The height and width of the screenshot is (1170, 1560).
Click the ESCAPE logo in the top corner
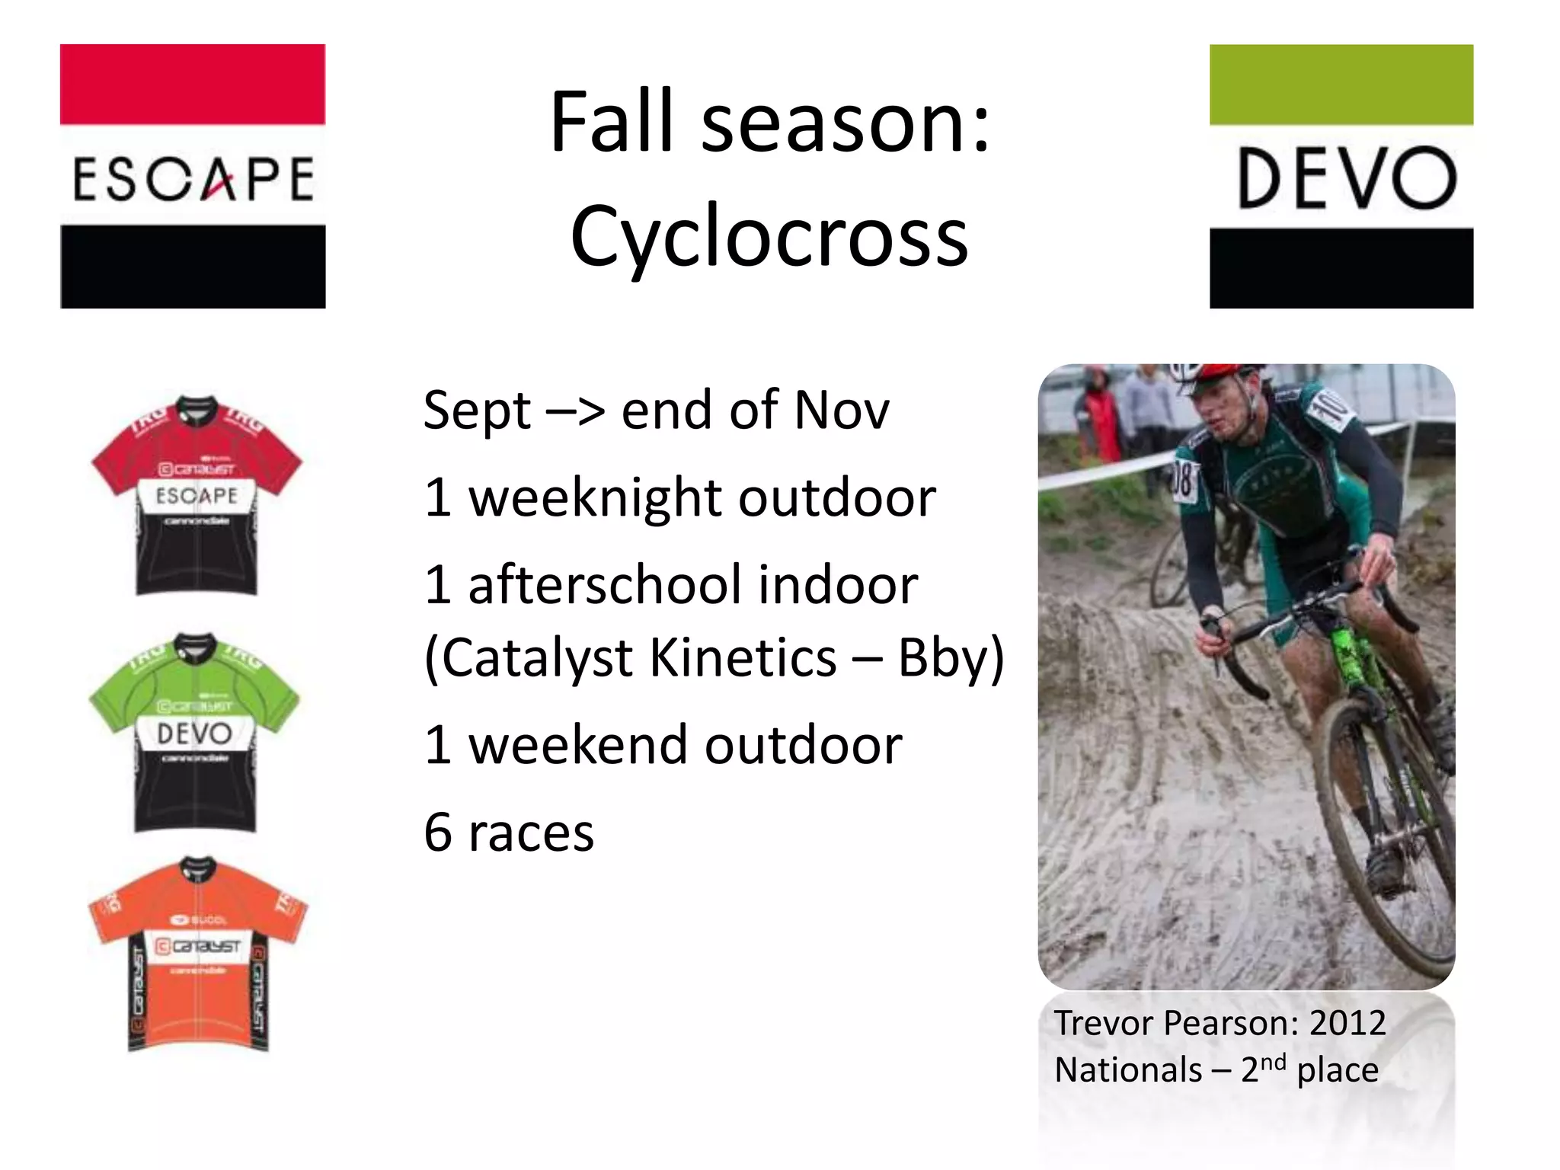(193, 176)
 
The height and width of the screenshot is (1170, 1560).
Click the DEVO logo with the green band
(1341, 176)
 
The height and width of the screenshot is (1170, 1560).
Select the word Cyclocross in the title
(769, 237)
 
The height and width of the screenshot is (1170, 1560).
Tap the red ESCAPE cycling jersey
(197, 495)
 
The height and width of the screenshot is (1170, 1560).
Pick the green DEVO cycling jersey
(195, 733)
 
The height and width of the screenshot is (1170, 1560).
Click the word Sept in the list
(477, 411)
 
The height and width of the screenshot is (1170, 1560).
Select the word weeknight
(595, 499)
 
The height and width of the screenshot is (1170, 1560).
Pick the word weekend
(578, 746)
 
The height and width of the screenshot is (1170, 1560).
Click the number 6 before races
(438, 833)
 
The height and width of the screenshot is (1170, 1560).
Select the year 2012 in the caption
(1347, 1023)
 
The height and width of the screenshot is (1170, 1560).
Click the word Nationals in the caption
(1128, 1070)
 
